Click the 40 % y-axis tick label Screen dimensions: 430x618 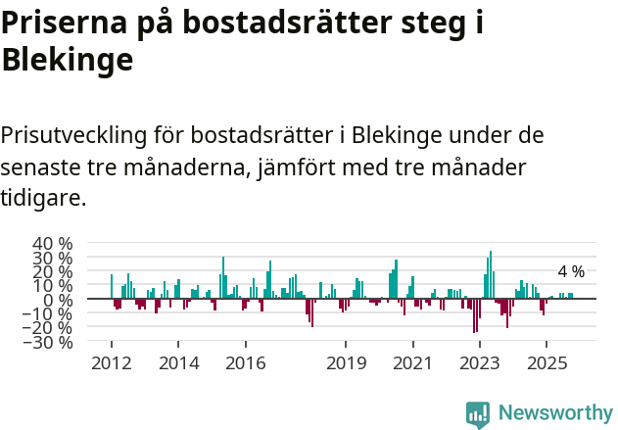tap(53, 244)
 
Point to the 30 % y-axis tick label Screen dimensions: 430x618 tap(53, 258)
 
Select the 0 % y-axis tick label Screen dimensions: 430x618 tap(59, 300)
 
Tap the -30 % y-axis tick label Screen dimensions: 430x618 tap(50, 342)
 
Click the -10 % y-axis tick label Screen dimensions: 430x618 tap(50, 313)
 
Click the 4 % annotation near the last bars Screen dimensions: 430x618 tap(571, 271)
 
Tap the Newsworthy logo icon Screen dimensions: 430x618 tap(478, 413)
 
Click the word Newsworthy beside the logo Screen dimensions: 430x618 tap(554, 413)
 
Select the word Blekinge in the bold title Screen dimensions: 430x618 tap(68, 60)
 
